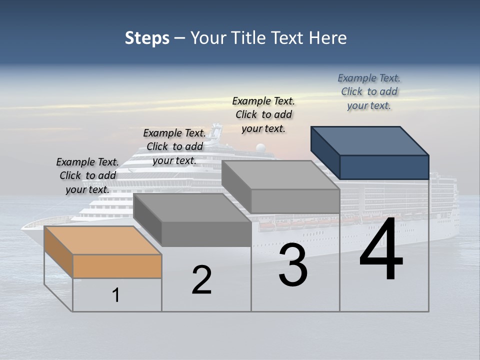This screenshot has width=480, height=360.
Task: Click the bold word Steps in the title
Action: (147, 38)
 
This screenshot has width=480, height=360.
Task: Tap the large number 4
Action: (381, 249)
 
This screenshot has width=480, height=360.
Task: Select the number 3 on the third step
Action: (293, 265)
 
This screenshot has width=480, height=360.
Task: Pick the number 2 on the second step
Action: (201, 280)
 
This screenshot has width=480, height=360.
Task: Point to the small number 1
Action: (115, 295)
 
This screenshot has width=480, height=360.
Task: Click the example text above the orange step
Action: (87, 175)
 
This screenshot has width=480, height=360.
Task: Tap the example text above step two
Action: (174, 146)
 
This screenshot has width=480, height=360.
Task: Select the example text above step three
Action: (263, 114)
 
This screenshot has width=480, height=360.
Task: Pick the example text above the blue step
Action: (369, 91)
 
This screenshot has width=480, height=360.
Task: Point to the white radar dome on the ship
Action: (260, 148)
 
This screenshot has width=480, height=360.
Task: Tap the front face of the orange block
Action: (117, 266)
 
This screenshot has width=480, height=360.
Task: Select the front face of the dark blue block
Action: (384, 167)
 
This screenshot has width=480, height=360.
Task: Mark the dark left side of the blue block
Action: (325, 152)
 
